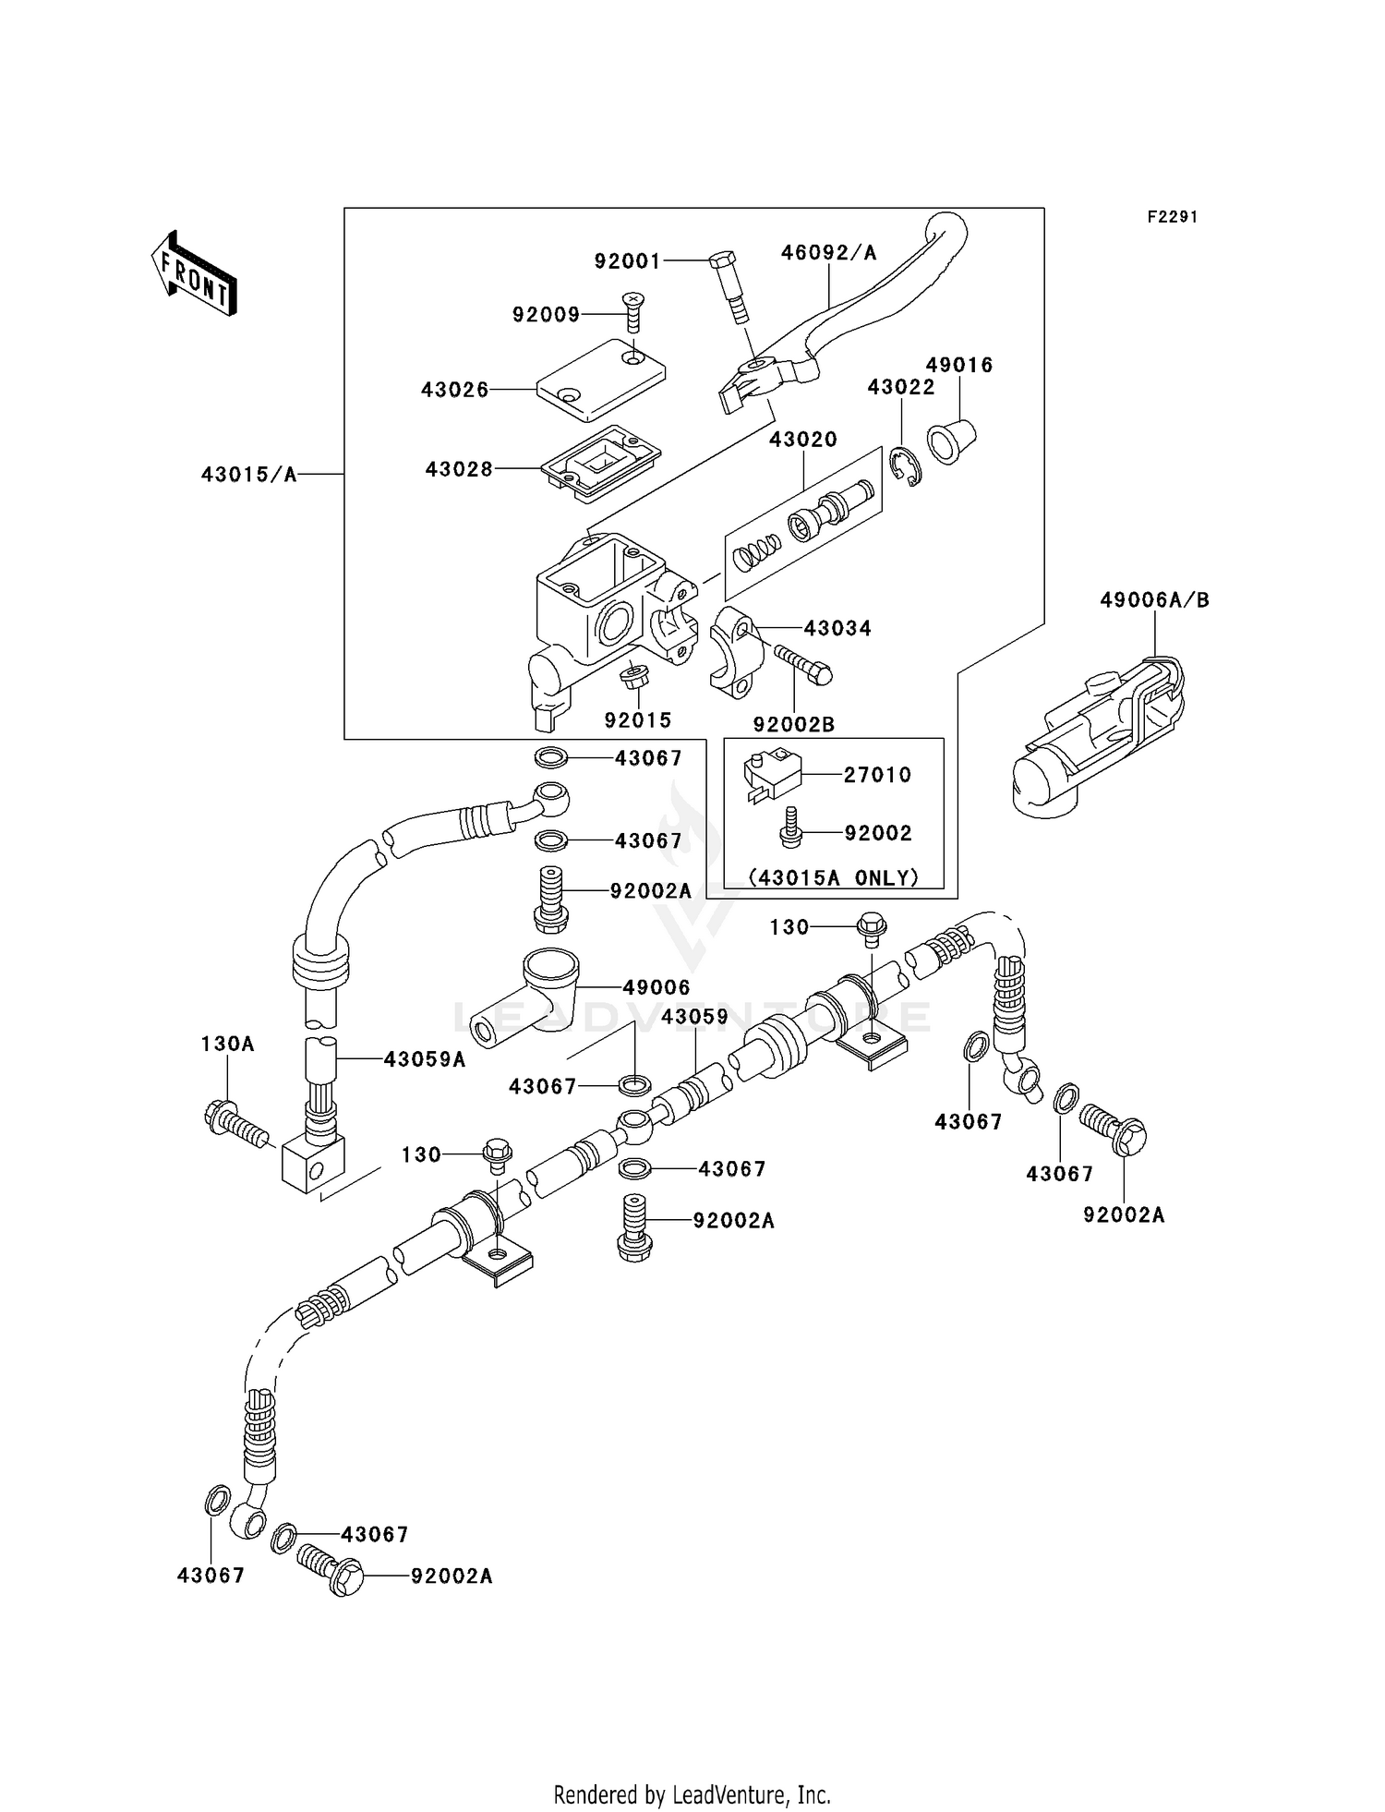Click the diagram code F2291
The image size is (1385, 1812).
click(1172, 217)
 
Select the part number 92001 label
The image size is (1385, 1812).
click(627, 261)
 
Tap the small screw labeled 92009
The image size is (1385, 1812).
click(633, 312)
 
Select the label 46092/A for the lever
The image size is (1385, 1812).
click(828, 252)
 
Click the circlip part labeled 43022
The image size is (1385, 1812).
click(909, 467)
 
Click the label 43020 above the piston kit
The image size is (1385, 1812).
click(802, 440)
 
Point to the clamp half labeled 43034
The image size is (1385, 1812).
click(733, 655)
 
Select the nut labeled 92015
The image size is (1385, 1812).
click(635, 677)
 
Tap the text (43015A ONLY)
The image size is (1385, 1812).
click(833, 877)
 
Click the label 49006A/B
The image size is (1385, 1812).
click(1153, 600)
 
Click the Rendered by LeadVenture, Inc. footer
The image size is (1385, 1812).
click(692, 1794)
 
